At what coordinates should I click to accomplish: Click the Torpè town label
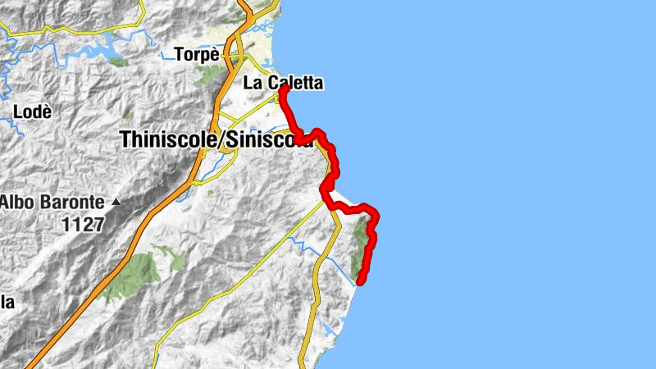pos(198,55)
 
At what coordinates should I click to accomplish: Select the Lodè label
pos(34,111)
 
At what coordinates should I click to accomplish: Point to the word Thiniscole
pos(169,140)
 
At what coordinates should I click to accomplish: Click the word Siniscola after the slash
pos(267,140)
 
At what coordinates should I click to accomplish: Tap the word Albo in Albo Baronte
pos(17,201)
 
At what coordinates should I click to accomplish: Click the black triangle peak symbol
pos(117,202)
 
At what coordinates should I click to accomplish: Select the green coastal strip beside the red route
pos(358,246)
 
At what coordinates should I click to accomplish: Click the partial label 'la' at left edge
pos(7,303)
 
